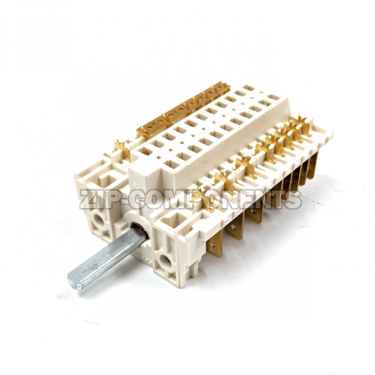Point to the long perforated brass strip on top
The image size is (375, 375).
pos(184,109)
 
